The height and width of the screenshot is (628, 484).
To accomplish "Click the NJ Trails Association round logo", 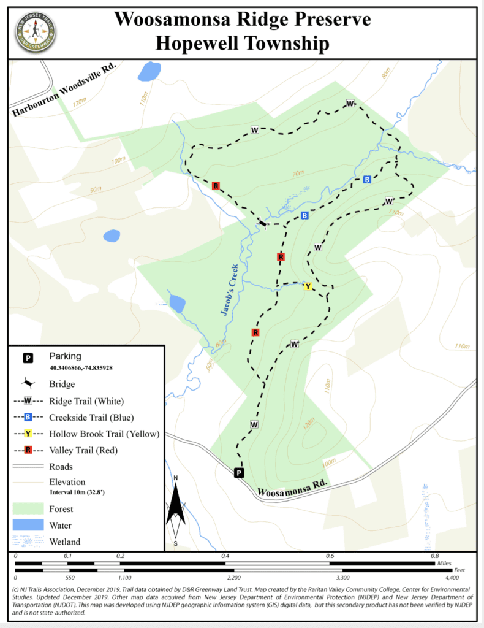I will [36, 30].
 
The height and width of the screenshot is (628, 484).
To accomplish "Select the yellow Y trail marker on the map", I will [308, 286].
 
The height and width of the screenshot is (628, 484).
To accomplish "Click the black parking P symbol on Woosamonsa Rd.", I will [239, 473].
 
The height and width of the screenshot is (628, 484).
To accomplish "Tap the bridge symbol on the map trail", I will [263, 224].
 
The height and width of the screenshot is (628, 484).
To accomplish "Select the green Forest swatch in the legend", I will [29, 508].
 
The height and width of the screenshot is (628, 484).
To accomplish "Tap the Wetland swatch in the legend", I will [29, 541].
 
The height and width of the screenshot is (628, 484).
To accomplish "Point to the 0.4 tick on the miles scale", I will [225, 556].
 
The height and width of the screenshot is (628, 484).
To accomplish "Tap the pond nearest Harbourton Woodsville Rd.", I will [149, 71].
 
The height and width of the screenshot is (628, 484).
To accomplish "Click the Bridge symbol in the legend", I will [28, 384].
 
